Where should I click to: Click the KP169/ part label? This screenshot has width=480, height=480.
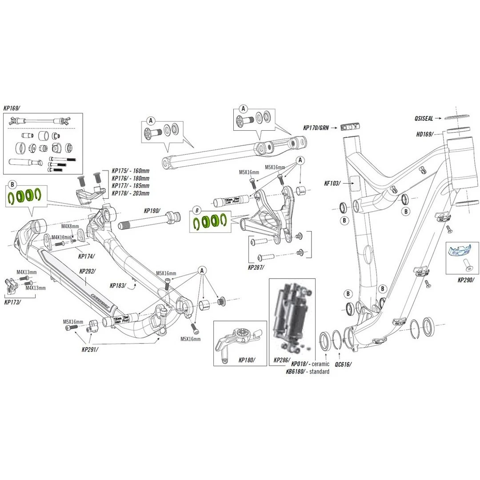12,108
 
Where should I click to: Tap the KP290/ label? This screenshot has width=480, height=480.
466,280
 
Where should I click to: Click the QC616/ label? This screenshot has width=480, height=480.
343,364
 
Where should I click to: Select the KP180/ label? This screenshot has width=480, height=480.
247,360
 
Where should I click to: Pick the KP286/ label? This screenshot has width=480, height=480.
282,360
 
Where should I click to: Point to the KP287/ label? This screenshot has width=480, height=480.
256,268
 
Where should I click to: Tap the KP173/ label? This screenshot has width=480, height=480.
12,302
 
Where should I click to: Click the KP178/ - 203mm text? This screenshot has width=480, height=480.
130,193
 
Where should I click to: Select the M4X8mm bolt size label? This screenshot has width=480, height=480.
69,227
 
